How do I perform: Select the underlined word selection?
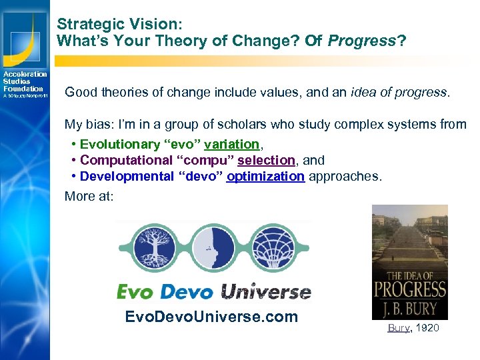[266, 161]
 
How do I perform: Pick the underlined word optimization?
[265, 177]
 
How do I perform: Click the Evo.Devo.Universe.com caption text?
[211, 317]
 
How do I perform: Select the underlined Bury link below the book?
[399, 329]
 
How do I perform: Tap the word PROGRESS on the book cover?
[409, 289]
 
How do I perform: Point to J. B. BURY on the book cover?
[409, 308]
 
